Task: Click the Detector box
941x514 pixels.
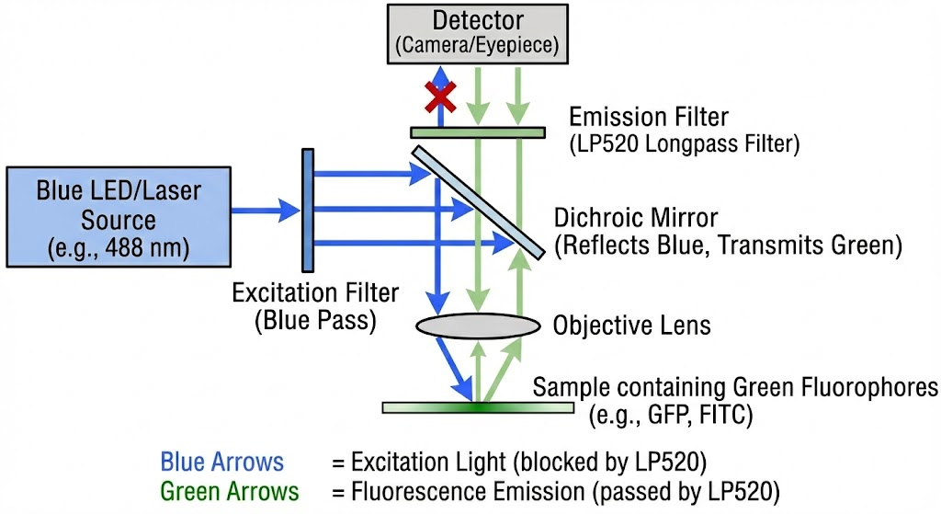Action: pyautogui.click(x=478, y=33)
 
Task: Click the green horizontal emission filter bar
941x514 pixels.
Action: pyautogui.click(x=477, y=132)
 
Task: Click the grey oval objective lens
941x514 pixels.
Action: pyautogui.click(x=478, y=326)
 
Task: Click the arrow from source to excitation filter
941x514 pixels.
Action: pyautogui.click(x=266, y=210)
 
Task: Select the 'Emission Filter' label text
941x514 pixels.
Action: pyautogui.click(x=649, y=118)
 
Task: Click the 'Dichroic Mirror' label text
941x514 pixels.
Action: pyautogui.click(x=636, y=220)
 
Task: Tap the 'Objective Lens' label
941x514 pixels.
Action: pyautogui.click(x=631, y=326)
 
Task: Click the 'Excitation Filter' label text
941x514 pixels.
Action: pyautogui.click(x=315, y=294)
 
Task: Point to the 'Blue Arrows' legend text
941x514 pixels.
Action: pyautogui.click(x=221, y=462)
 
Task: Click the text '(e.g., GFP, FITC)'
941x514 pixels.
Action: pyautogui.click(x=671, y=416)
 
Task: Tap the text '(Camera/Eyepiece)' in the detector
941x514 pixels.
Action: pyautogui.click(x=478, y=45)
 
